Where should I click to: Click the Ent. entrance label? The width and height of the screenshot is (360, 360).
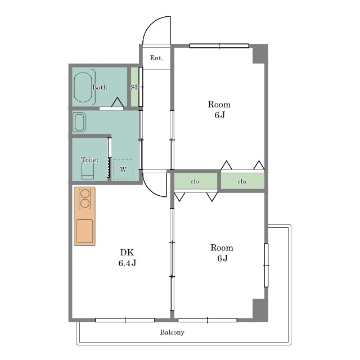click(156, 58)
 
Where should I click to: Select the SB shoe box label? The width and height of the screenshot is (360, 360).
click(135, 87)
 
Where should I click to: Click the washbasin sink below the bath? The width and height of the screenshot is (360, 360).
click(79, 123)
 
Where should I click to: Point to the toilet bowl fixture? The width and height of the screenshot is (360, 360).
click(88, 170)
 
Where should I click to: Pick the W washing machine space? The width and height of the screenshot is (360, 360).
click(123, 169)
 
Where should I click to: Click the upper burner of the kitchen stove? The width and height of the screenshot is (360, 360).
click(85, 193)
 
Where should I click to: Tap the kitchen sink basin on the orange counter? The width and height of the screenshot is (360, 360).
click(85, 231)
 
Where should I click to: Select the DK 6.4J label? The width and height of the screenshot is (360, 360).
click(127, 258)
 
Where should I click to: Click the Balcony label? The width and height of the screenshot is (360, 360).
click(172, 332)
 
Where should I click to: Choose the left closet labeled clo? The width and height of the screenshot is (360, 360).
click(196, 181)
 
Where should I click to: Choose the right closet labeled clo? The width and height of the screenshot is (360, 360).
click(242, 181)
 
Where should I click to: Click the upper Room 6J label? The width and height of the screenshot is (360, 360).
click(219, 110)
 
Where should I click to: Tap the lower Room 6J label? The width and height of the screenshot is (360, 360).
click(222, 253)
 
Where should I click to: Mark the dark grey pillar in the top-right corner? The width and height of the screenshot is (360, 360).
click(260, 54)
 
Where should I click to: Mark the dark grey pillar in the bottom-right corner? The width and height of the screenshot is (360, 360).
click(260, 310)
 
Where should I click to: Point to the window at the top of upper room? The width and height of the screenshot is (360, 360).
click(219, 46)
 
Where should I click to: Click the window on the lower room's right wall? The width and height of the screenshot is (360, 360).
click(266, 265)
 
